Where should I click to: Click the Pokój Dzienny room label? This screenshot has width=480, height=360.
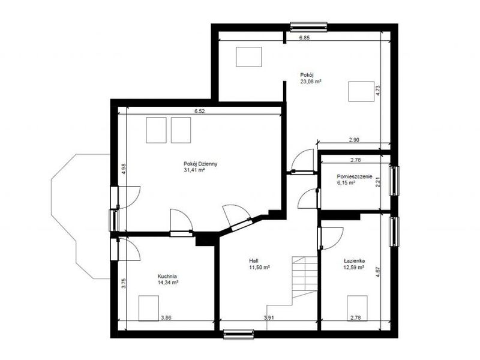tap(200, 164)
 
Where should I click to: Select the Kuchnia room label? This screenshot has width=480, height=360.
tap(167, 276)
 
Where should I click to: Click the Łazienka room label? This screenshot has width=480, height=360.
tap(354, 261)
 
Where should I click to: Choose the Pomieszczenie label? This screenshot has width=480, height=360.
tap(355, 176)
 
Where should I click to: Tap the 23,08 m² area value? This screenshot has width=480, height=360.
tap(311, 82)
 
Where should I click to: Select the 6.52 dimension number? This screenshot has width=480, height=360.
tap(200, 111)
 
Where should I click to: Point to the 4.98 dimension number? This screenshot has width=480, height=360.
tap(124, 169)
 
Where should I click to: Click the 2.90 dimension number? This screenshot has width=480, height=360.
tap(354, 140)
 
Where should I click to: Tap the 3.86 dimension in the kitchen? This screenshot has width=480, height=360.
tap(166, 318)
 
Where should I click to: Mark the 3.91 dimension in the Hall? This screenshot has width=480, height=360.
tap(268, 318)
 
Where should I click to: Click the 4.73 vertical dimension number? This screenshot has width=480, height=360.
tap(378, 91)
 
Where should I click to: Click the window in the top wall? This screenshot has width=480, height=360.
tap(308, 27)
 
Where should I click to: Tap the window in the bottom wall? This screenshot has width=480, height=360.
tap(238, 334)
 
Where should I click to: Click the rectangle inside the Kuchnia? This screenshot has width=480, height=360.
tap(149, 308)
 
